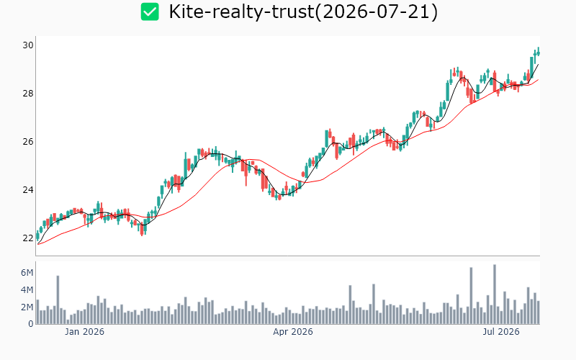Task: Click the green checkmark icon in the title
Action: coord(150,12)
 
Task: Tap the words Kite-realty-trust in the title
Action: coord(241,12)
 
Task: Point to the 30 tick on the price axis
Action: coord(28,45)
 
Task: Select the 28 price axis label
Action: coord(28,94)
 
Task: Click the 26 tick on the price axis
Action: coord(28,141)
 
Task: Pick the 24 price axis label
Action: coord(28,190)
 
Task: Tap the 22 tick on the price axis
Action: coord(28,238)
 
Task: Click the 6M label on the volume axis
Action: coord(27,273)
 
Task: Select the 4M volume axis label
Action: coord(27,290)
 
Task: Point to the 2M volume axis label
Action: coord(27,307)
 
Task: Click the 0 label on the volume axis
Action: coord(31,324)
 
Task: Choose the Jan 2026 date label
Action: coord(84,332)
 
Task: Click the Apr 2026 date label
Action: coord(293,332)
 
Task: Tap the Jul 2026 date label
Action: coord(501,332)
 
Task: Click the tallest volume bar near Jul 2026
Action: coord(495,294)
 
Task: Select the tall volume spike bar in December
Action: coord(58,300)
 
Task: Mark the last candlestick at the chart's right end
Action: coord(538,52)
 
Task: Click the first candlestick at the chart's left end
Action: coord(37,237)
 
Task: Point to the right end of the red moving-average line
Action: coord(539,79)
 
